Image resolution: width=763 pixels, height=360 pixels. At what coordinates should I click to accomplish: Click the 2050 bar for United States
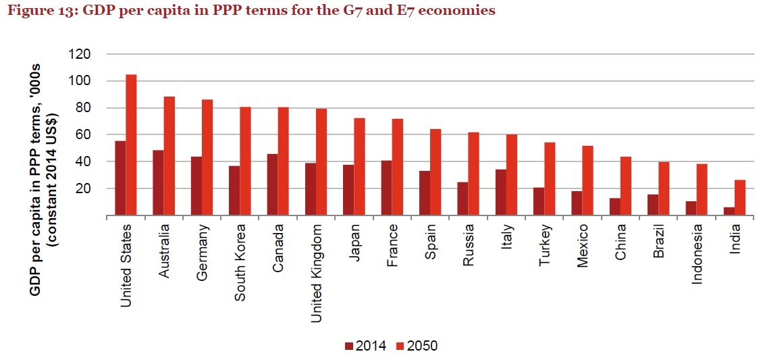[x=131, y=145]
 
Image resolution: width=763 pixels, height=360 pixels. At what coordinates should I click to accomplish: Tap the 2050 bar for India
[x=739, y=198]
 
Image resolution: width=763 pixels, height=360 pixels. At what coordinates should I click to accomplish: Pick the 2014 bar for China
[x=614, y=207]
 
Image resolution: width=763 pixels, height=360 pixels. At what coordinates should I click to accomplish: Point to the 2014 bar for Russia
[x=463, y=199]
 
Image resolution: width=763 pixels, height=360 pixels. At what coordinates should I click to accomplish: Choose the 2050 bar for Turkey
[x=550, y=179]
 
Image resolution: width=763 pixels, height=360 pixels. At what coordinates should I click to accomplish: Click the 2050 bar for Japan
[x=359, y=167]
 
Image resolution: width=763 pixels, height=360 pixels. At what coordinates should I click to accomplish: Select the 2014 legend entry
[x=365, y=346]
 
